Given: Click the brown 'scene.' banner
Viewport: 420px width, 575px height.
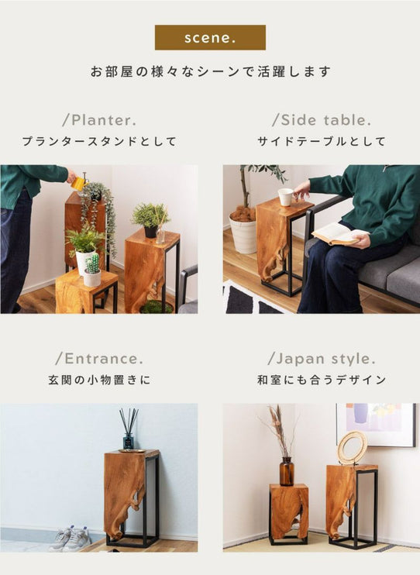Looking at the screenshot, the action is click(x=210, y=37).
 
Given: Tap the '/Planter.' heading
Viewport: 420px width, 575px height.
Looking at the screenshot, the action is click(x=99, y=120).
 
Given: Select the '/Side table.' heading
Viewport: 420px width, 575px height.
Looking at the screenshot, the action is click(x=322, y=120).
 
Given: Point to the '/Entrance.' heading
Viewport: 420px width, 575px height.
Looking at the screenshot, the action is click(x=99, y=359).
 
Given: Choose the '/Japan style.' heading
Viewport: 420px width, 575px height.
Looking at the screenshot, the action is click(x=322, y=359).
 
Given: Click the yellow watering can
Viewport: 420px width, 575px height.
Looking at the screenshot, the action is click(x=80, y=183).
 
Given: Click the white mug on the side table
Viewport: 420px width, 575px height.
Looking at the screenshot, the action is click(x=287, y=197).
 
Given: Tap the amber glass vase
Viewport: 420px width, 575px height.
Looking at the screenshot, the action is click(x=287, y=471).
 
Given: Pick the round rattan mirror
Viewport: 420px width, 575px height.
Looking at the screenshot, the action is click(x=352, y=448).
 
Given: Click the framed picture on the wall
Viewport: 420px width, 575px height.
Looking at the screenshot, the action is click(x=376, y=425).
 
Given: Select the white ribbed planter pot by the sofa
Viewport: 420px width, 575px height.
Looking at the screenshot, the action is click(x=243, y=234).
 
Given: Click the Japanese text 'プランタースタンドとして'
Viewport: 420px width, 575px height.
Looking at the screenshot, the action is click(x=99, y=141).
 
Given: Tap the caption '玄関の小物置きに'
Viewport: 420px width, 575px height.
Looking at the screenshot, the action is click(x=99, y=380).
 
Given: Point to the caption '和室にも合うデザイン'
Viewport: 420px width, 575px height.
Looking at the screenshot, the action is click(x=322, y=380).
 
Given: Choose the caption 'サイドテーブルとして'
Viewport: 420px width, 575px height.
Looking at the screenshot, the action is click(x=322, y=141).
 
